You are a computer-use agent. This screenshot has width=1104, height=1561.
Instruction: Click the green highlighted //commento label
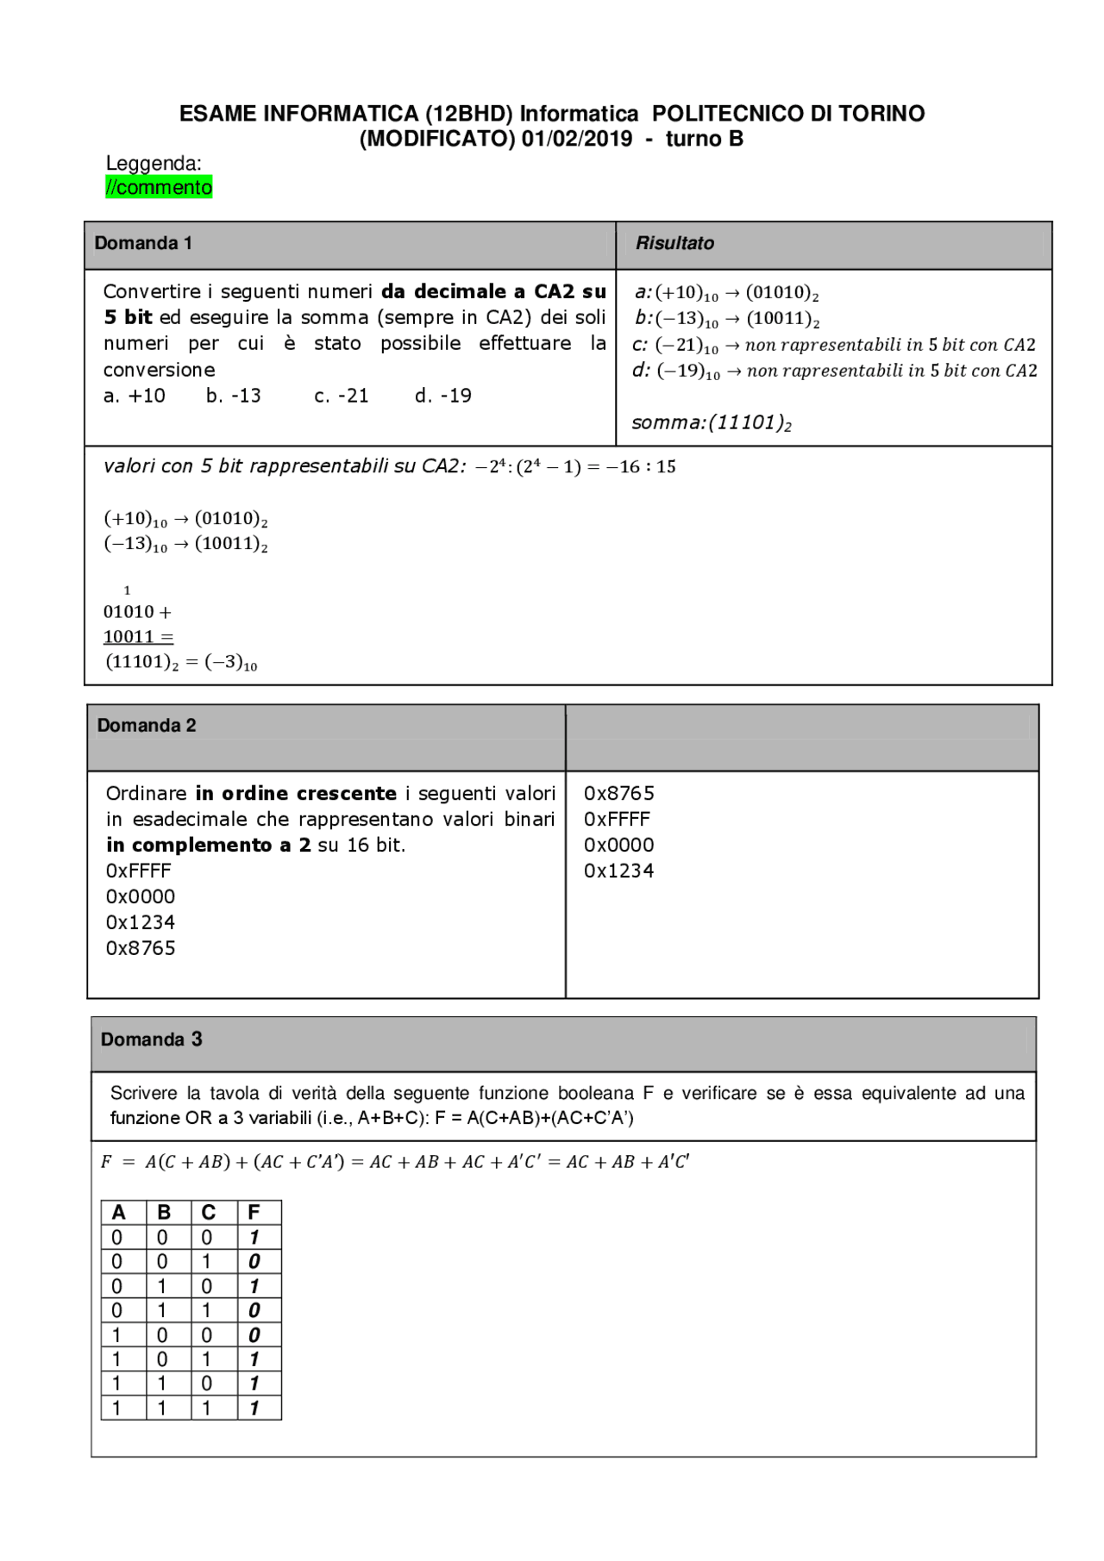pyautogui.click(x=159, y=187)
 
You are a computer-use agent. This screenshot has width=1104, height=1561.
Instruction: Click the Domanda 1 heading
pyautogui.click(x=143, y=243)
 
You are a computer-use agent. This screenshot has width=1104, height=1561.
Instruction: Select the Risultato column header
pyautogui.click(x=674, y=243)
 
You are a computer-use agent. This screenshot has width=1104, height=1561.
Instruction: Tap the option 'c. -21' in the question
pyautogui.click(x=342, y=396)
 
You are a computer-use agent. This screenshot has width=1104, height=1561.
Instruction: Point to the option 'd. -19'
pyautogui.click(x=443, y=396)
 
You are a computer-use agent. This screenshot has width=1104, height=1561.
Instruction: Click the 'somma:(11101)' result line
pyautogui.click(x=712, y=422)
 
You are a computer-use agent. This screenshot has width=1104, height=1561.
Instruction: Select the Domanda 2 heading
pyautogui.click(x=147, y=725)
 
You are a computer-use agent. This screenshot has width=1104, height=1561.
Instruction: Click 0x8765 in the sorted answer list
pyautogui.click(x=619, y=793)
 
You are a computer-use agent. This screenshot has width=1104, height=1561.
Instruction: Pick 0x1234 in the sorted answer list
pyautogui.click(x=619, y=871)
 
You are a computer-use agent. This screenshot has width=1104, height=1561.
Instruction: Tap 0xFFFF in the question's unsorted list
pyautogui.click(x=139, y=871)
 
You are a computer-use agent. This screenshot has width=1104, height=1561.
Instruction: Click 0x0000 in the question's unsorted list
pyautogui.click(x=141, y=896)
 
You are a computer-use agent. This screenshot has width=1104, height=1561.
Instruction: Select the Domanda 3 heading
pyautogui.click(x=152, y=1040)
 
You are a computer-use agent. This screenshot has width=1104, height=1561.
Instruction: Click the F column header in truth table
pyautogui.click(x=254, y=1212)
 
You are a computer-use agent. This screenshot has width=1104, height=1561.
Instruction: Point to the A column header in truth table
pyautogui.click(x=119, y=1212)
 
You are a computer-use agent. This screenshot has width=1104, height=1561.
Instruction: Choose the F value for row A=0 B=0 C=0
pyautogui.click(x=254, y=1237)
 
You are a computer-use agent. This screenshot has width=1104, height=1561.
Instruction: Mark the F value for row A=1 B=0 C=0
pyautogui.click(x=254, y=1335)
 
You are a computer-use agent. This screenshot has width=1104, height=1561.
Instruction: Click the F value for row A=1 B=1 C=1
pyautogui.click(x=254, y=1408)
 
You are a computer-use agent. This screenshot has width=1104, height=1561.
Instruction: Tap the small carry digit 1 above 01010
pyautogui.click(x=128, y=590)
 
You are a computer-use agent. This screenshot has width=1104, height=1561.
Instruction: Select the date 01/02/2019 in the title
pyautogui.click(x=576, y=139)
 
